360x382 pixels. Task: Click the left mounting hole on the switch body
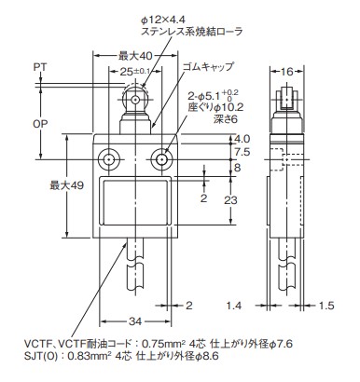pos(111,161)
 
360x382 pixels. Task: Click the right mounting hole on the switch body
pos(163,161)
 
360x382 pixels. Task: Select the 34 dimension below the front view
pos(135,322)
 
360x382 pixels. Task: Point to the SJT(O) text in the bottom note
pos(29,358)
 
